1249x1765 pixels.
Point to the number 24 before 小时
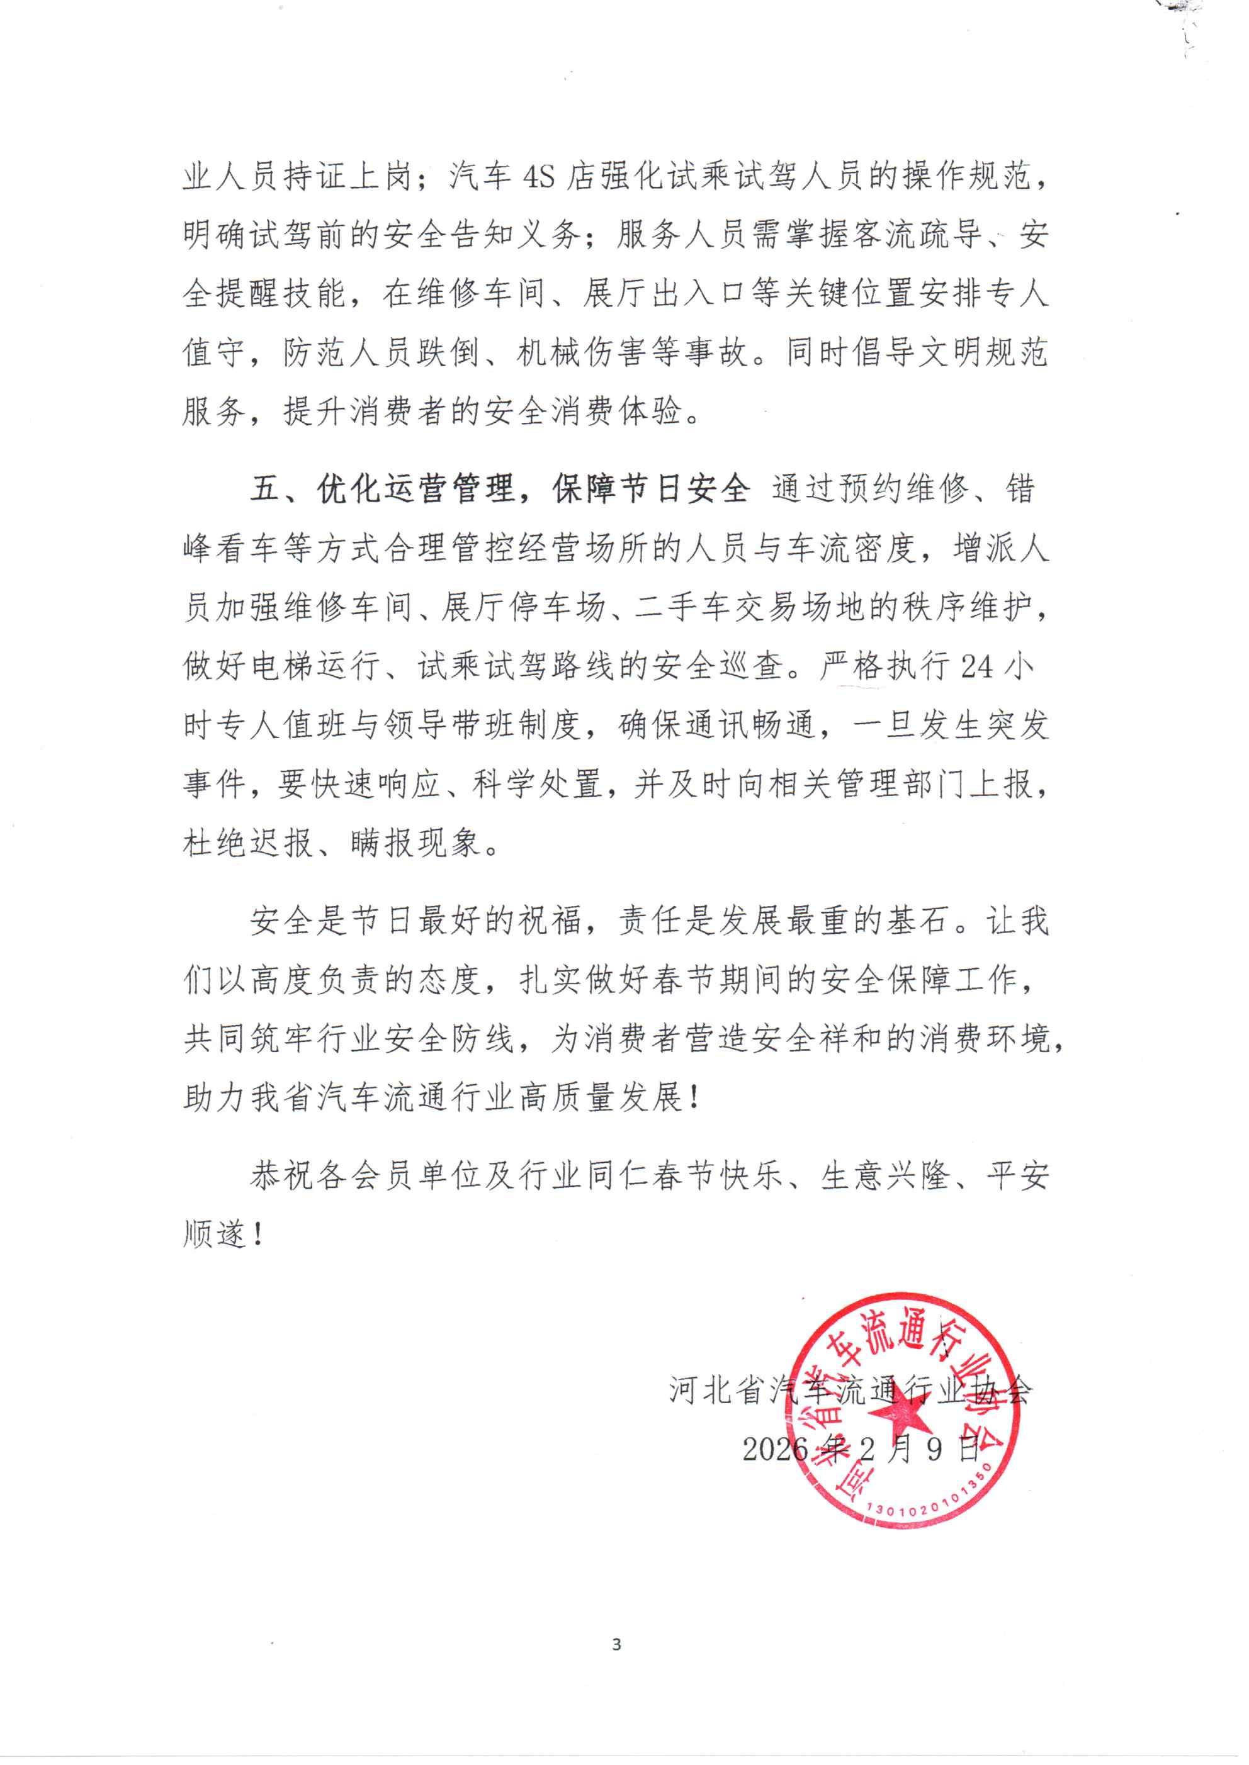(977, 666)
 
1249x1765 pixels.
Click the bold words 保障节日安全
(651, 489)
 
